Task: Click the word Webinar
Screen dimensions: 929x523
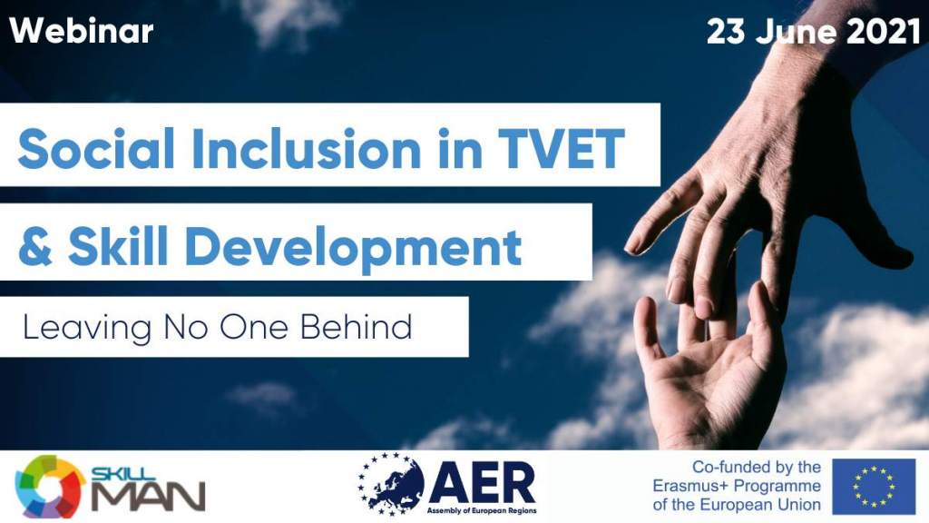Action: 81,31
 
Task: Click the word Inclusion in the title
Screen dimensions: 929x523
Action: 306,148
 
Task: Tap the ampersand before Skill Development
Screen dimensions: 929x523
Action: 35,246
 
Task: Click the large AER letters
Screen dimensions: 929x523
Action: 482,482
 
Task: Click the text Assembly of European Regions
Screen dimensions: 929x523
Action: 482,510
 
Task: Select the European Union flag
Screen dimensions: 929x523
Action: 874,487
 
